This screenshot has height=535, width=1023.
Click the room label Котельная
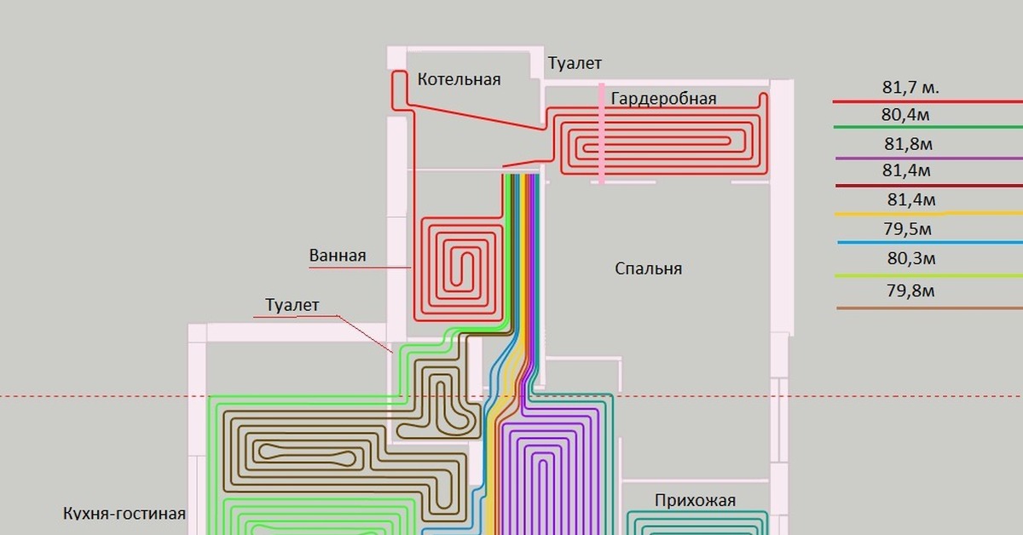[459, 79]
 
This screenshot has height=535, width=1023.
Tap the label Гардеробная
[663, 99]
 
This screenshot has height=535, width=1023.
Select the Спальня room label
[649, 269]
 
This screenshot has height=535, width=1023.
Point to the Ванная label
[338, 256]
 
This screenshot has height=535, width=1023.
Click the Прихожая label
[695, 500]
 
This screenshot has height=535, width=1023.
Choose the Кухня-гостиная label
[124, 514]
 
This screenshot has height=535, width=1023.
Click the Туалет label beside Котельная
[575, 64]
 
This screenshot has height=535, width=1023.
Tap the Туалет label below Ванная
[292, 305]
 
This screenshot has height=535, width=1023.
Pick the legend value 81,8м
[909, 144]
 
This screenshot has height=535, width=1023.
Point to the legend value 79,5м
[909, 229]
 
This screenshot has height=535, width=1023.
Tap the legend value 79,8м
[910, 291]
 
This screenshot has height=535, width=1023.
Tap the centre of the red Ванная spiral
[461, 270]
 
